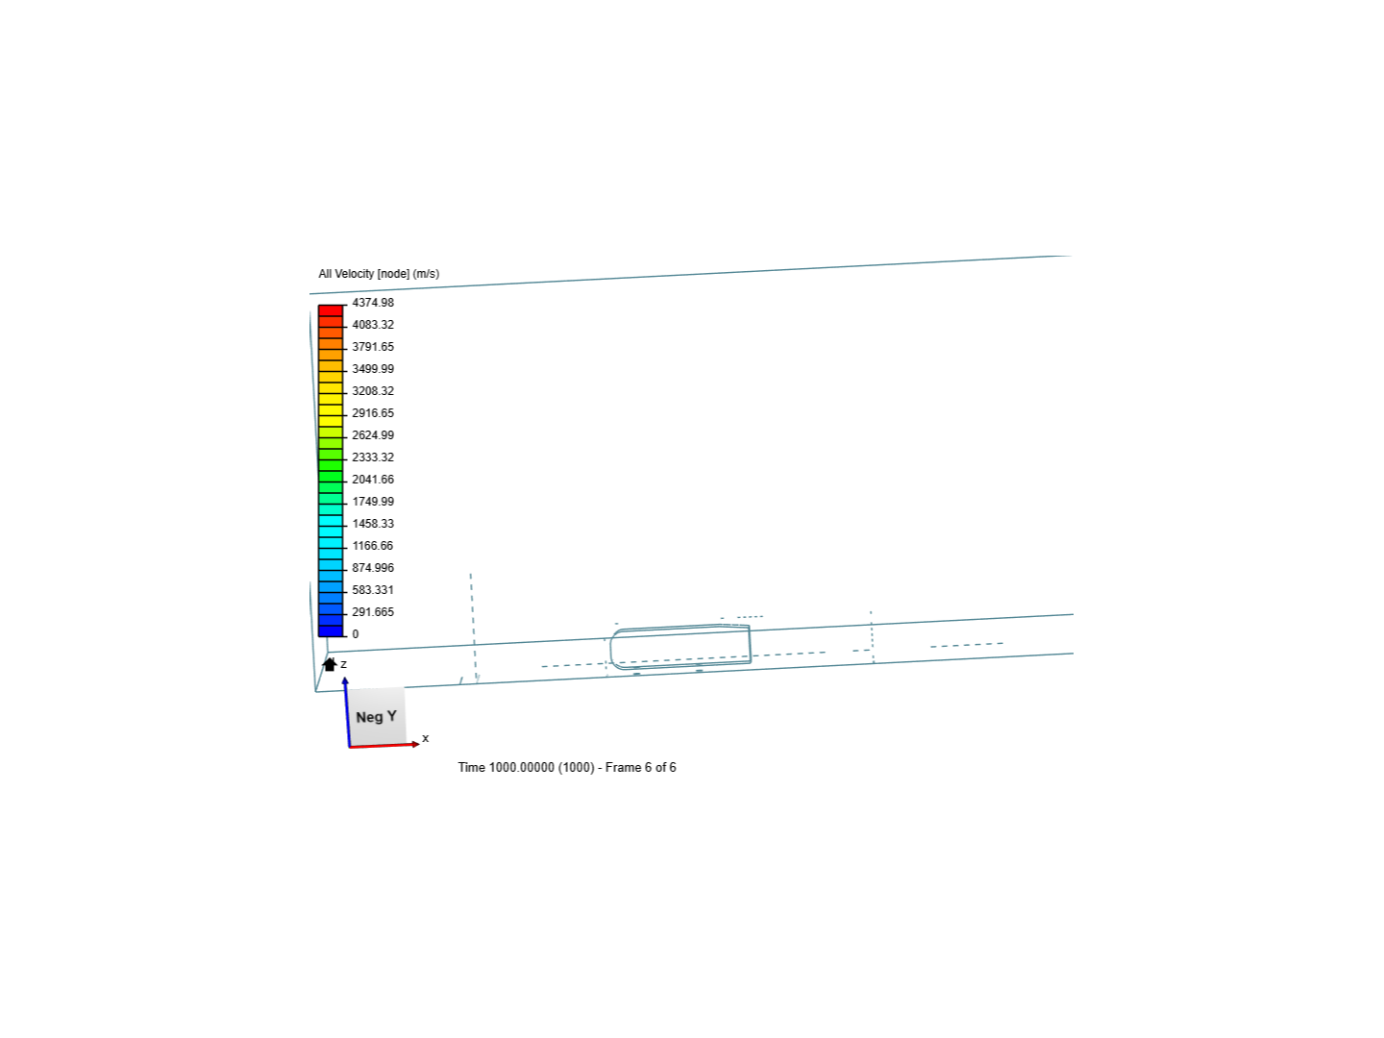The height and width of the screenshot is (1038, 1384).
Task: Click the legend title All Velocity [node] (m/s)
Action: click(x=379, y=274)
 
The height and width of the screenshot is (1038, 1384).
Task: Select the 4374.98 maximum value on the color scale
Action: click(x=373, y=303)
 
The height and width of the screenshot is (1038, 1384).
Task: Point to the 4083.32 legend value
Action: click(x=373, y=325)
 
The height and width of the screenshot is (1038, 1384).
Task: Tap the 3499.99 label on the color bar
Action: click(x=373, y=369)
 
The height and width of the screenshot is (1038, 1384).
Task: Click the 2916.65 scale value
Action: click(x=373, y=413)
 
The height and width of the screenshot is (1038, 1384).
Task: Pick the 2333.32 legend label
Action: click(x=373, y=457)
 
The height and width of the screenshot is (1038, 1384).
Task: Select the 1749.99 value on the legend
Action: click(x=373, y=502)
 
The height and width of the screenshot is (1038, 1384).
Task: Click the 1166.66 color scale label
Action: click(x=373, y=546)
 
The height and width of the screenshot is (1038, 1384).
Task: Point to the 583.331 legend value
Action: click(x=373, y=590)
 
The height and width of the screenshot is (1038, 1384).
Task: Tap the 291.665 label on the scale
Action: click(x=373, y=612)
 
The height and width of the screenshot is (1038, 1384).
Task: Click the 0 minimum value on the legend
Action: click(x=356, y=634)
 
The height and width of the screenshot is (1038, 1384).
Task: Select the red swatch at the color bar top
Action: click(x=331, y=310)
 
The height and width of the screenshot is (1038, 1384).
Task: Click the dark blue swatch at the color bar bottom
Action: click(x=331, y=630)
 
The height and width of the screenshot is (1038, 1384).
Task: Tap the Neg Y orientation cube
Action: click(x=376, y=716)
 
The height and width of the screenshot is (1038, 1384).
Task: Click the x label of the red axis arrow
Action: click(x=426, y=738)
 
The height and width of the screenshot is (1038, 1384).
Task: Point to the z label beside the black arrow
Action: click(x=344, y=664)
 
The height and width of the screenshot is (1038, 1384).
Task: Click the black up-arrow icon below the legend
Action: click(x=330, y=664)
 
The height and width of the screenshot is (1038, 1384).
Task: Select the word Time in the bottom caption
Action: click(x=471, y=767)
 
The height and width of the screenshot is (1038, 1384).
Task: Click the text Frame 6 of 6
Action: click(x=640, y=767)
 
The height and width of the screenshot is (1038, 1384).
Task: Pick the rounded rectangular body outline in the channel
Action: click(x=680, y=646)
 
